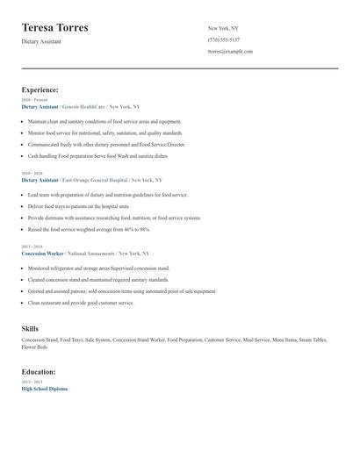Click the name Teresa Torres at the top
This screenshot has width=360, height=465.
click(54, 28)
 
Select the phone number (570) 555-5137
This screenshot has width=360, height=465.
click(223, 39)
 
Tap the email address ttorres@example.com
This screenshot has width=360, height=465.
click(230, 51)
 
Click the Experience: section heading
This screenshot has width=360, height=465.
click(40, 89)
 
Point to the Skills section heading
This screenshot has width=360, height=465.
click(30, 328)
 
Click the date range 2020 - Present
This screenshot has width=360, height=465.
click(34, 100)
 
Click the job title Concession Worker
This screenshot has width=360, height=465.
click(42, 254)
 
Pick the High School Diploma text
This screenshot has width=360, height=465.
click(44, 389)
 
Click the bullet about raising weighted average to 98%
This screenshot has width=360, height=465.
click(89, 229)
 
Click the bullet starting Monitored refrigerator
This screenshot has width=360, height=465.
click(98, 268)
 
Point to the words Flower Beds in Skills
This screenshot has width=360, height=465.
click(34, 347)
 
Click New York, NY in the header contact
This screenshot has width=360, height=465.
click(224, 28)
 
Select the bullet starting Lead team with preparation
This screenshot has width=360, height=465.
click(107, 195)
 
